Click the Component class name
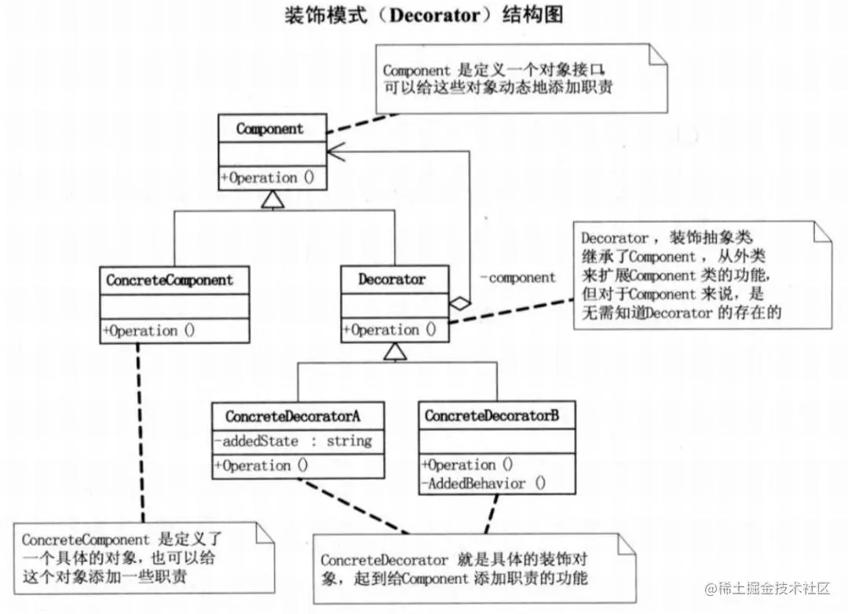click(269, 129)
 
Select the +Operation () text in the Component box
click(268, 177)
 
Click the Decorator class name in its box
click(392, 279)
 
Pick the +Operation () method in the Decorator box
click(389, 330)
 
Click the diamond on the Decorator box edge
click(459, 301)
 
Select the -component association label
click(517, 277)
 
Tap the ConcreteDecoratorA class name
click(293, 416)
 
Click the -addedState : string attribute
click(293, 441)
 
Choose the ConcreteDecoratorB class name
click(492, 416)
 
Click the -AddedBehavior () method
click(483, 484)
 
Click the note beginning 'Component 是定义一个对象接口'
click(522, 79)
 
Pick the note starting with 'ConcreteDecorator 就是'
click(463, 569)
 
